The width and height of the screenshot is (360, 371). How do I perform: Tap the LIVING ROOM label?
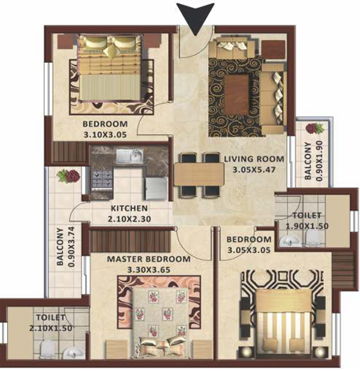click(x=254, y=159)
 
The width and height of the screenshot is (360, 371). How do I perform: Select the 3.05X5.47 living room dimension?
click(x=254, y=170)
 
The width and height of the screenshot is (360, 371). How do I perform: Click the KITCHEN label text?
click(x=129, y=208)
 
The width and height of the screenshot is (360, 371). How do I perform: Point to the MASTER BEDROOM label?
click(x=149, y=259)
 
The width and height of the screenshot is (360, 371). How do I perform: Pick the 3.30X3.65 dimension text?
click(x=149, y=270)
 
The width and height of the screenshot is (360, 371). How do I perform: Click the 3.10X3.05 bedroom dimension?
click(x=105, y=134)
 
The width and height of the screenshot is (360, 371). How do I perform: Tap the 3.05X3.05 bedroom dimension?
click(x=248, y=250)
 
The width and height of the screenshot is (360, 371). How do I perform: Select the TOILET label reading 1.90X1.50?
click(x=307, y=220)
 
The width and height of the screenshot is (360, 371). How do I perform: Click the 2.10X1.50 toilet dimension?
click(x=50, y=328)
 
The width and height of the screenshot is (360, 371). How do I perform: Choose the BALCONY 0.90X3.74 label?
click(x=66, y=246)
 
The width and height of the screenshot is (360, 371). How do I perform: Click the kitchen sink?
click(x=130, y=156)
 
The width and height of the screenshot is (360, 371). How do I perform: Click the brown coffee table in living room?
click(x=237, y=95)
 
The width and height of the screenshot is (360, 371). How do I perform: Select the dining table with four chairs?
click(x=199, y=175)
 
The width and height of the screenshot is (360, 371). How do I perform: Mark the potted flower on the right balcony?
click(x=314, y=128)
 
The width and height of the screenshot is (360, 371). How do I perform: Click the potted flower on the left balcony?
click(x=68, y=175)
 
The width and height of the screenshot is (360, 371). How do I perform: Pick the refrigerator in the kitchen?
click(x=156, y=189)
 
